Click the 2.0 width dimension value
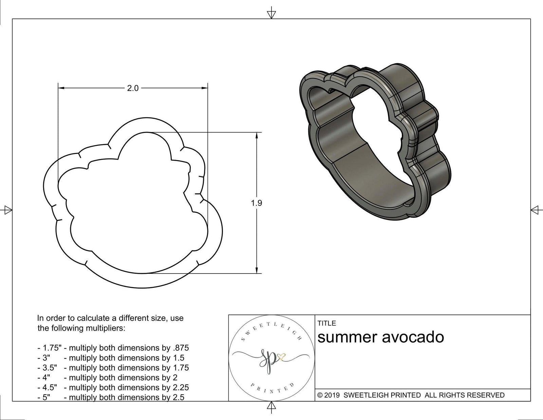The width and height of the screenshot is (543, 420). click(x=133, y=88)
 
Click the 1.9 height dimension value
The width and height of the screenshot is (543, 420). click(x=257, y=203)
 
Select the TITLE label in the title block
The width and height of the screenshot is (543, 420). click(x=327, y=323)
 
